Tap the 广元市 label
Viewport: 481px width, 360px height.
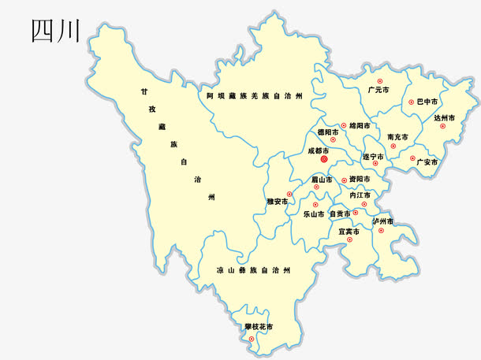(378, 91)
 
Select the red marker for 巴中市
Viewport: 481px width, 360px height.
(411, 102)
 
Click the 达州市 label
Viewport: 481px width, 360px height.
(445, 117)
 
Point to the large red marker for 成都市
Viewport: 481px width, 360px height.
(324, 158)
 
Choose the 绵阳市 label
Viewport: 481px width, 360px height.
(359, 125)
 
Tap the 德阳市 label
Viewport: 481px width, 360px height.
(327, 132)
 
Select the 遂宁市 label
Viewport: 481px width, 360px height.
(372, 157)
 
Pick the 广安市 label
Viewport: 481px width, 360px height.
(427, 162)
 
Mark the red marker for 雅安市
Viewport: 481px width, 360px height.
(289, 194)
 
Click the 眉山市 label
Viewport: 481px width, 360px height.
(320, 179)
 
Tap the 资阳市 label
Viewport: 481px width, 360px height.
(360, 180)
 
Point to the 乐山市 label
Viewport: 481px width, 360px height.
(314, 213)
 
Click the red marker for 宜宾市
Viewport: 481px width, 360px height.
(350, 239)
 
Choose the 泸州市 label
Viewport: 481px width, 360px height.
(383, 221)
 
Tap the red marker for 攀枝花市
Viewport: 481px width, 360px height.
(252, 339)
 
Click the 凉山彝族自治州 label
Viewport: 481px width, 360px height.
(253, 270)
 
